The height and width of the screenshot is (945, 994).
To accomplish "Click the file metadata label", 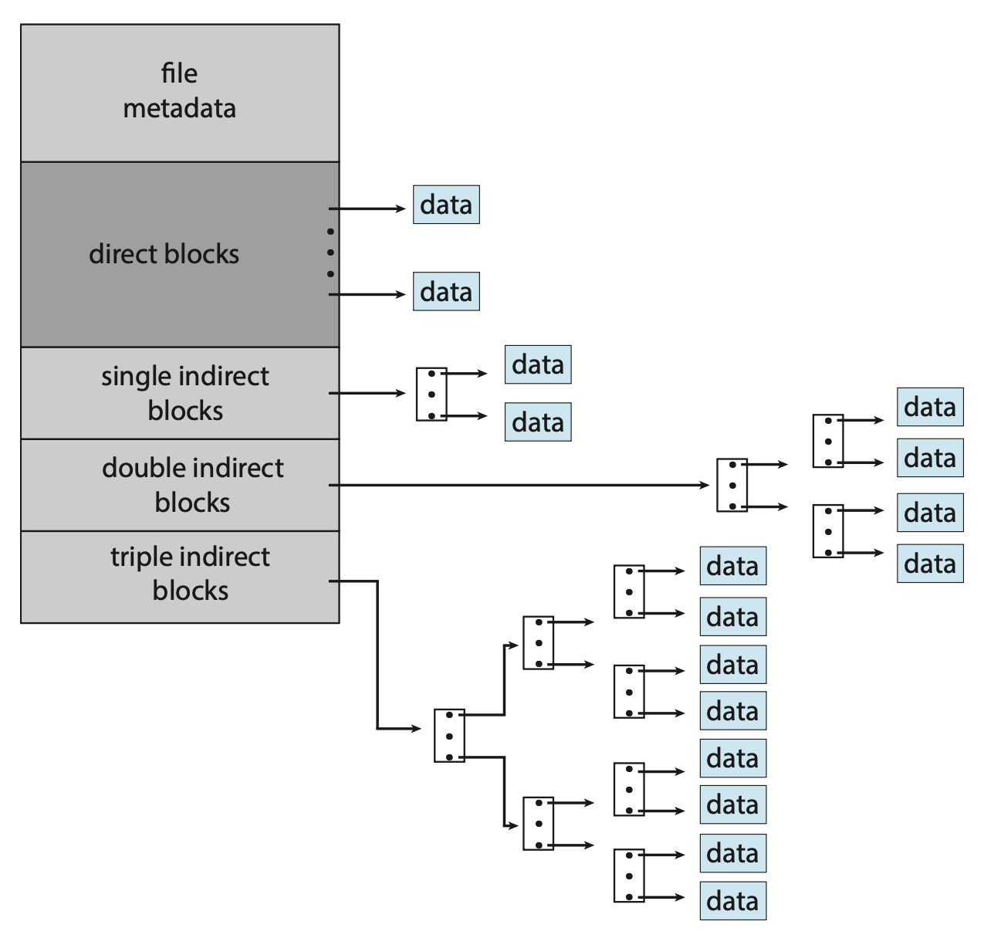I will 179,91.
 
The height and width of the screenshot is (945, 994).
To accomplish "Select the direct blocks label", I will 164,254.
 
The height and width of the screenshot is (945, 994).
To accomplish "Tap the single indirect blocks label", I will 185,393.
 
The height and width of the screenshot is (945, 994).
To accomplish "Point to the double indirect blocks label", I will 192,485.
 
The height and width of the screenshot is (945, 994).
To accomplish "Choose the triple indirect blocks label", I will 190,574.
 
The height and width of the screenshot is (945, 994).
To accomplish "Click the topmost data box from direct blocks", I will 446,205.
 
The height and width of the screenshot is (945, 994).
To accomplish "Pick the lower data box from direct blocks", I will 446,292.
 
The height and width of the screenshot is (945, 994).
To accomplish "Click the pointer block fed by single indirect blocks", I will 431,395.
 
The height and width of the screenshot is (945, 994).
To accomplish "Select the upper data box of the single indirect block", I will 538,364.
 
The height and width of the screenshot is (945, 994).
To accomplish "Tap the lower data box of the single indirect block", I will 538,422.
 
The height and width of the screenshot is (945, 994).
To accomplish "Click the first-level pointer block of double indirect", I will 732,486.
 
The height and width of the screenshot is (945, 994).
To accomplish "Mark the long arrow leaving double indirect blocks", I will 517,485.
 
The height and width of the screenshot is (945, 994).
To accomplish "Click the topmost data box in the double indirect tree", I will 930,407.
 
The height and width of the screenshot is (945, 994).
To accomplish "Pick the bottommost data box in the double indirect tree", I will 930,564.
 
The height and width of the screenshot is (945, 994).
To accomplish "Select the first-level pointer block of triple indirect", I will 449,736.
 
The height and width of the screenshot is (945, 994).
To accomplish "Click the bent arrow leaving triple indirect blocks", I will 377,656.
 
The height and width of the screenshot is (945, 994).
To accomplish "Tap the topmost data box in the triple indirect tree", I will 733,566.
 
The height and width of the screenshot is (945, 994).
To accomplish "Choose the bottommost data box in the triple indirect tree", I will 733,901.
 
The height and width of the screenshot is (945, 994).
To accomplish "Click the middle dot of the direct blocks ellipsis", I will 330,252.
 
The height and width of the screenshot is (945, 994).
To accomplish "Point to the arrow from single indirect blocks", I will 367,393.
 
